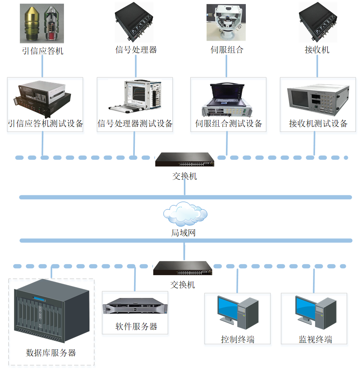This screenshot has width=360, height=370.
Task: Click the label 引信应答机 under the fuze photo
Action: tap(43, 51)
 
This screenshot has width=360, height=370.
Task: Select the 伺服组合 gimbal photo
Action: tap(226, 23)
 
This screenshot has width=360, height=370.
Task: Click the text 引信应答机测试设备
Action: tap(45, 124)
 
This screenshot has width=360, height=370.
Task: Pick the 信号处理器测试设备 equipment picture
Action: tap(134, 97)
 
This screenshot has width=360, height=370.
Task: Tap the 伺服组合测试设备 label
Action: tap(229, 124)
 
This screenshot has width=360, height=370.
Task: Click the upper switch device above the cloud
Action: tap(184, 160)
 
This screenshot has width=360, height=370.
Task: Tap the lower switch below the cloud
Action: tap(183, 268)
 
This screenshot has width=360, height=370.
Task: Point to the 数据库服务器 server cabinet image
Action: tap(51, 314)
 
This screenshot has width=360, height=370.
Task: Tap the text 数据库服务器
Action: tap(51, 353)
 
